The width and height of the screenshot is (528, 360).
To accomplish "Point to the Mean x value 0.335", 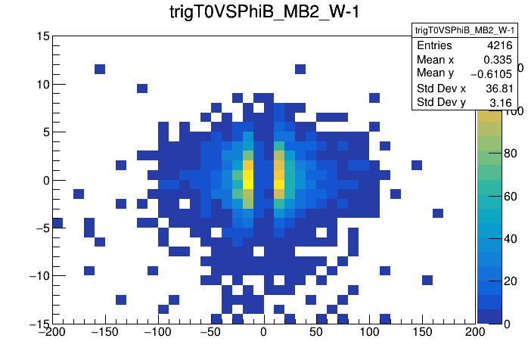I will (x=498, y=60).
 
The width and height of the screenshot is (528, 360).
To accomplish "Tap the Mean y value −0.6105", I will (x=492, y=73).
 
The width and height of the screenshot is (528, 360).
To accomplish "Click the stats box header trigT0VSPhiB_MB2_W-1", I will (x=464, y=29).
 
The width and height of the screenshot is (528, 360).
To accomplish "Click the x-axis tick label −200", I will (x=52, y=331).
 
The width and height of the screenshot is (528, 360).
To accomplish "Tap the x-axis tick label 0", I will (x=263, y=331).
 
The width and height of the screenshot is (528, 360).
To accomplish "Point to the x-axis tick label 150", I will (x=422, y=331).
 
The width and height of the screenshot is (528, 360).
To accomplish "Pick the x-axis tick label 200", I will (x=475, y=331).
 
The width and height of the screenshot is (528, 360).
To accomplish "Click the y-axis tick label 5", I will (x=45, y=132).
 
